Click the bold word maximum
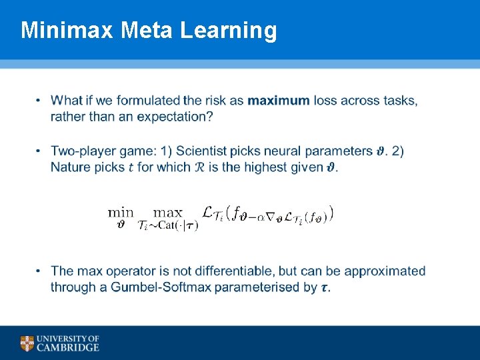point(278,101)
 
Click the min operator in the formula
point(121,213)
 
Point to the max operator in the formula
point(167,213)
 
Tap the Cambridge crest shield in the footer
point(27,343)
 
